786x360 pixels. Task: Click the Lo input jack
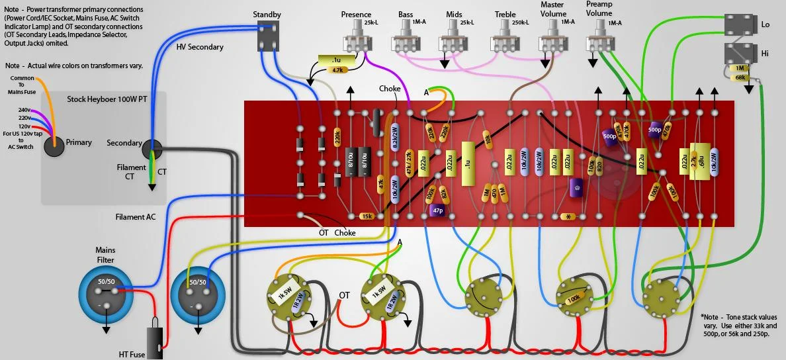pyautogui.click(x=739, y=25)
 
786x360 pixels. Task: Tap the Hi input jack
pyautogui.click(x=739, y=53)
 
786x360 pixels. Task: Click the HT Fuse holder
pyautogui.click(x=154, y=337)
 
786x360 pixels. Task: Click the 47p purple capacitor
pyautogui.click(x=437, y=210)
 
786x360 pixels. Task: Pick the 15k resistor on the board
pyautogui.click(x=365, y=216)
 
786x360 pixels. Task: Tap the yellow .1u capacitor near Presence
pyautogui.click(x=337, y=60)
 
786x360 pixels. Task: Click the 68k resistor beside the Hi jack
pyautogui.click(x=740, y=78)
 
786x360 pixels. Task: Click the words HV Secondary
pyautogui.click(x=200, y=47)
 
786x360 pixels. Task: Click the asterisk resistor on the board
pyautogui.click(x=568, y=216)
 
